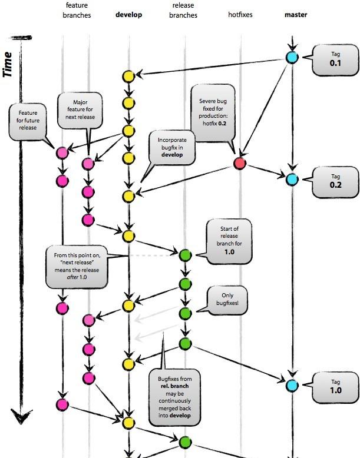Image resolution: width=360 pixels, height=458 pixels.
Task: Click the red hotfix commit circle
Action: coord(240,163)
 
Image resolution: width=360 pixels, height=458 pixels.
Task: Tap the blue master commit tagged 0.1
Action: coord(292,57)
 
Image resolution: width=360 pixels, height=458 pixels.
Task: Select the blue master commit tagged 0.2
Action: coord(292,180)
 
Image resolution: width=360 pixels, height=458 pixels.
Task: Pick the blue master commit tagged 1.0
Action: coord(292,385)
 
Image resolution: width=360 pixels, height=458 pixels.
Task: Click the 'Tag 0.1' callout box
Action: coord(335,60)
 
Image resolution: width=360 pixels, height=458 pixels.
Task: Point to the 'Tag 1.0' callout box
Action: coord(335,387)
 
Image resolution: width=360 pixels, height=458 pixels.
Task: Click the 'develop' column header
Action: coord(128,15)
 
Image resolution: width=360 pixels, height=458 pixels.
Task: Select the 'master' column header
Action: coord(296,15)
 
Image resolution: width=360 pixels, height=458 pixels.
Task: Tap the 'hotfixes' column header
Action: coord(240,15)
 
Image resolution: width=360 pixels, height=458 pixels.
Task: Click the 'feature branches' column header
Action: coord(77,10)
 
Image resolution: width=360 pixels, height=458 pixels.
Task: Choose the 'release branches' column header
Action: coord(183,10)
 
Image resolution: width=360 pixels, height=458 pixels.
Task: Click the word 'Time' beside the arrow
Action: coord(8,65)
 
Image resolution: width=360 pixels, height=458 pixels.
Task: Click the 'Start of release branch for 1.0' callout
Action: coord(227,241)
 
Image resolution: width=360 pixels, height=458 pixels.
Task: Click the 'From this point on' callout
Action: coord(77,267)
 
